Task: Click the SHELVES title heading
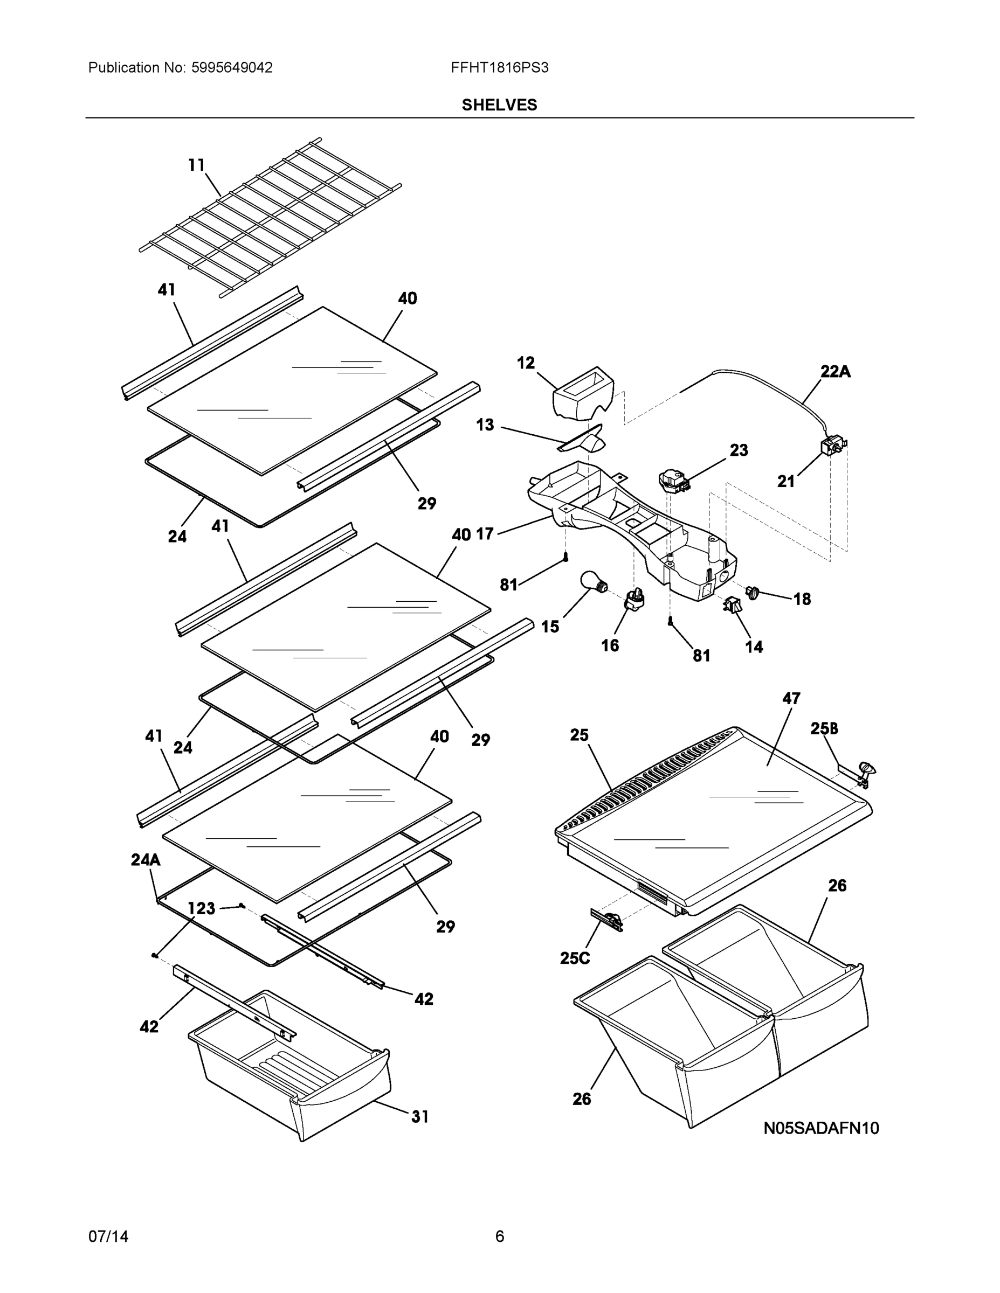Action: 499,105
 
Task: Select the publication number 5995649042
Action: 232,67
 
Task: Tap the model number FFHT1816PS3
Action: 499,67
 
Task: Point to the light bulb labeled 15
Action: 591,581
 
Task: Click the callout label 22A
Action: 835,372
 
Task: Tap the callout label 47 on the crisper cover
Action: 791,699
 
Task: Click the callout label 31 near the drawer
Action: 419,1117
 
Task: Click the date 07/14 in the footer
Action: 108,1236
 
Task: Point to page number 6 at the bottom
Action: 499,1236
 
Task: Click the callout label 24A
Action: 145,860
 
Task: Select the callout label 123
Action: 202,908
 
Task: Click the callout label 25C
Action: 575,958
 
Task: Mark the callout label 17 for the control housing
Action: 485,534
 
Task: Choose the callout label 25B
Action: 824,729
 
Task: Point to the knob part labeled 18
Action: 754,592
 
